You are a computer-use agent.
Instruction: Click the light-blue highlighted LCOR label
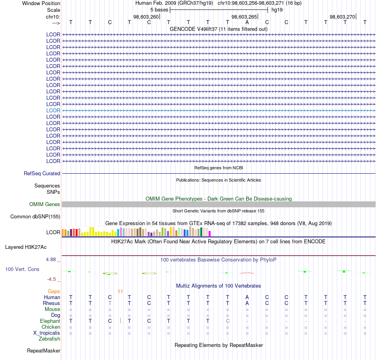53,110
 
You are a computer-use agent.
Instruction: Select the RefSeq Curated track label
42,174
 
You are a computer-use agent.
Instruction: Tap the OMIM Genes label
45,204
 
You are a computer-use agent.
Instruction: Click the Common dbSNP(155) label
35,217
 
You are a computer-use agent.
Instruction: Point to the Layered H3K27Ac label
26,247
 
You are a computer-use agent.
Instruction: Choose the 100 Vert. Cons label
22,269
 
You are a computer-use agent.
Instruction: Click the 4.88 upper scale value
51,260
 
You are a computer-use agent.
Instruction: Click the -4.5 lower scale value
51,279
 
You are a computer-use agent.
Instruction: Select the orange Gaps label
54,291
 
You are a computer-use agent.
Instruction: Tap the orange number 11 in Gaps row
120,292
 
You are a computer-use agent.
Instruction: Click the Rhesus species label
51,303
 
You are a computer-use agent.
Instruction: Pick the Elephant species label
50,321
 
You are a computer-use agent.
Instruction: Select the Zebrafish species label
49,339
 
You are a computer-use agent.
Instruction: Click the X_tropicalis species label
47,333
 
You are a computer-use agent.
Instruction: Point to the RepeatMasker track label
44,351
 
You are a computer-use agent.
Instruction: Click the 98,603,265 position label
244,17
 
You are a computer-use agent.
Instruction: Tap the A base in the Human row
247,297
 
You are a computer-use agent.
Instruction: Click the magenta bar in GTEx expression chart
210,233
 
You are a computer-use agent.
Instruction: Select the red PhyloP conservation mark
247,273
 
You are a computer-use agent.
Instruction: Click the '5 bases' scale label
159,10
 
